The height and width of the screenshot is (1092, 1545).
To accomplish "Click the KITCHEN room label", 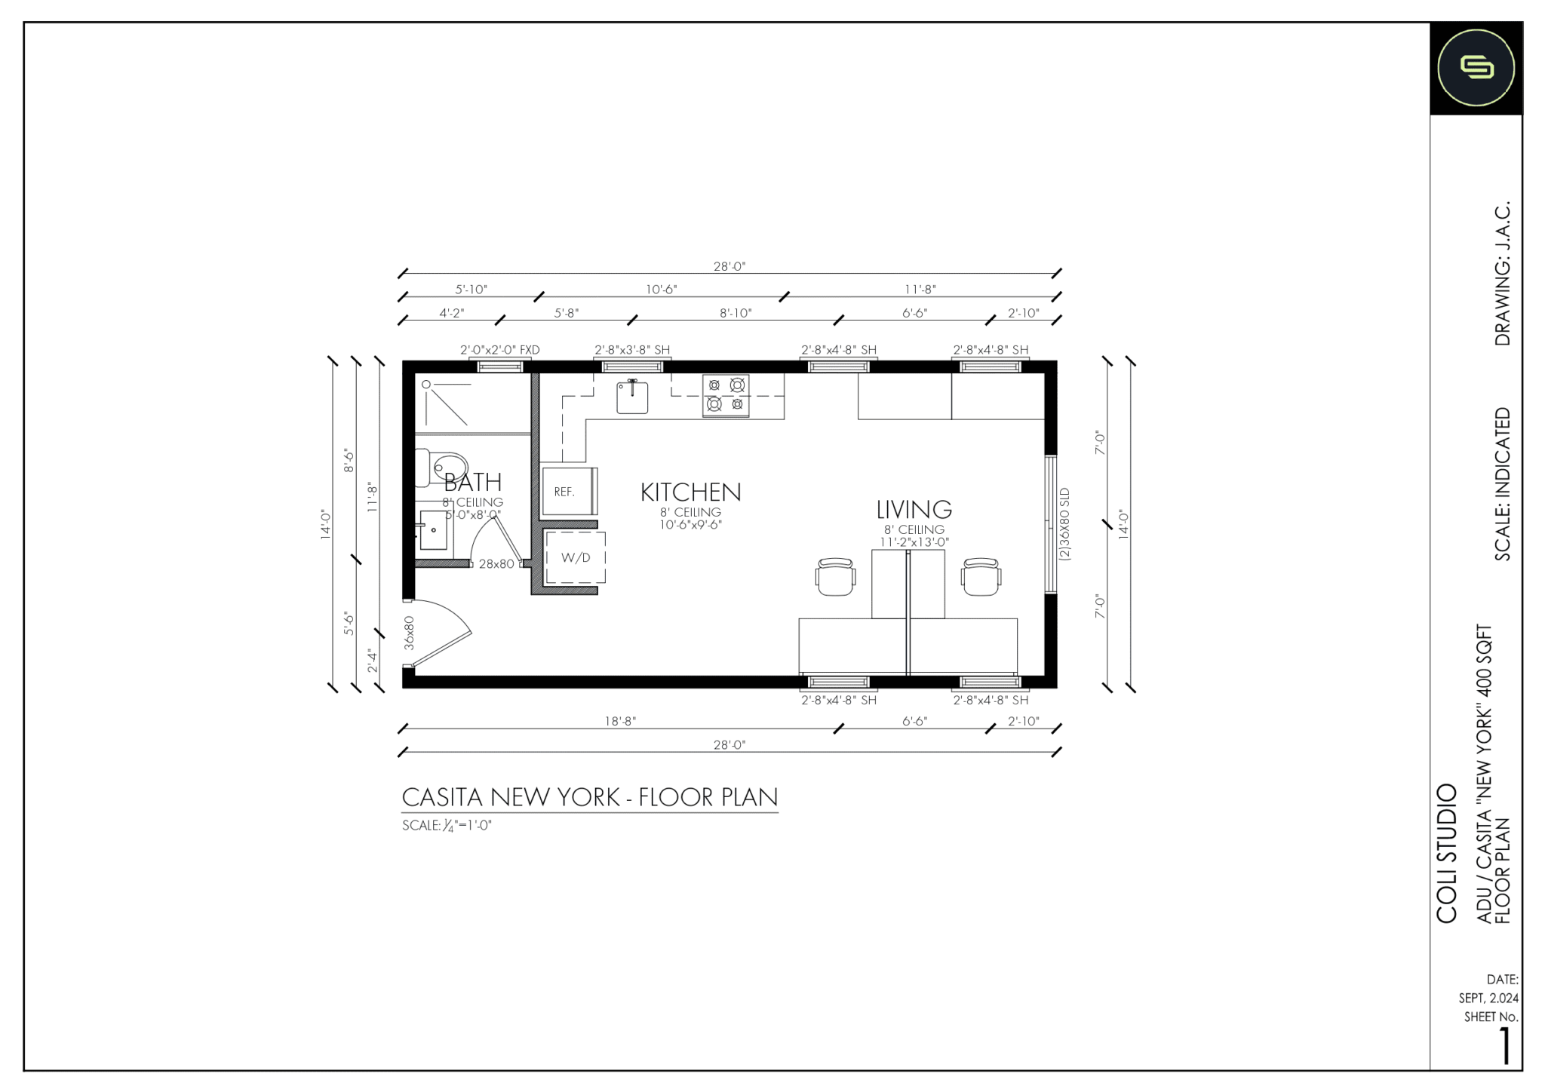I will (690, 492).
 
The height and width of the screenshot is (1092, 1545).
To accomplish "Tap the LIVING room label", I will (914, 510).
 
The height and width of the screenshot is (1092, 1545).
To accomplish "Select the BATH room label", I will (472, 482).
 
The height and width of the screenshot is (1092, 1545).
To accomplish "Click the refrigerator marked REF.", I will (569, 492).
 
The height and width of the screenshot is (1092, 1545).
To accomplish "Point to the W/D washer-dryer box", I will (575, 558).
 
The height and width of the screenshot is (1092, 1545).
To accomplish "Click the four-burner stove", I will (726, 395).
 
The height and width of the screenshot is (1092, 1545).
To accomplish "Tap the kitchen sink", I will (632, 397).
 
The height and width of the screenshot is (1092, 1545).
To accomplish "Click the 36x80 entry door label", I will (409, 633).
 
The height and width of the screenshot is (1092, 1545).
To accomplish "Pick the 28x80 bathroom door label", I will (496, 563).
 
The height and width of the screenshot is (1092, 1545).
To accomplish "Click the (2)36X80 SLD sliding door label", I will (1064, 524).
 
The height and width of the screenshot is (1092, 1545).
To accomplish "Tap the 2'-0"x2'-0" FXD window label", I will (499, 350).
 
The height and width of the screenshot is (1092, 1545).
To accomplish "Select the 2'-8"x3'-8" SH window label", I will (632, 350).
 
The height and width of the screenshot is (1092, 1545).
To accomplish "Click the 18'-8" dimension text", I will (620, 721).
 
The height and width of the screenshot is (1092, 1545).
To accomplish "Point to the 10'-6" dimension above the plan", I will (661, 290).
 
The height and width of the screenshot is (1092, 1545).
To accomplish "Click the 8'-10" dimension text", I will (735, 313).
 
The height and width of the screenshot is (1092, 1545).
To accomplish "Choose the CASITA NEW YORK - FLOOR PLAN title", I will (589, 797).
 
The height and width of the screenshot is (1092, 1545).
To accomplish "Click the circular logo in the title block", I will (1476, 69).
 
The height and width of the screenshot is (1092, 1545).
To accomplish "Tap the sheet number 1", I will (1504, 1047).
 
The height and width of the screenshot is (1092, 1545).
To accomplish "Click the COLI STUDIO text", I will (1445, 853).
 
